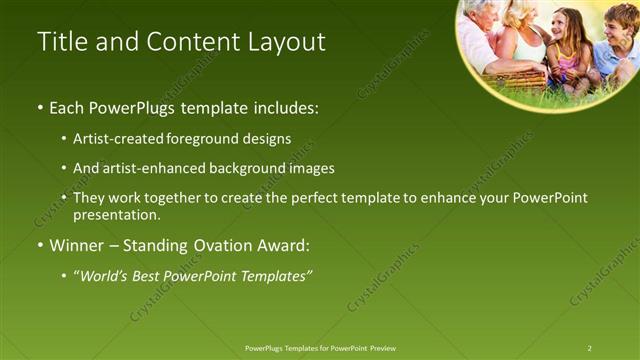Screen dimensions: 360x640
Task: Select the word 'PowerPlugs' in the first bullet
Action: (x=128, y=106)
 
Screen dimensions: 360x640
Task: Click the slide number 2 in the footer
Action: (x=590, y=348)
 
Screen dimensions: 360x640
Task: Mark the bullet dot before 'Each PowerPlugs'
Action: (x=40, y=107)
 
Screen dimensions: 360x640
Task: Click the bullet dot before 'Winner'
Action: (x=40, y=246)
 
